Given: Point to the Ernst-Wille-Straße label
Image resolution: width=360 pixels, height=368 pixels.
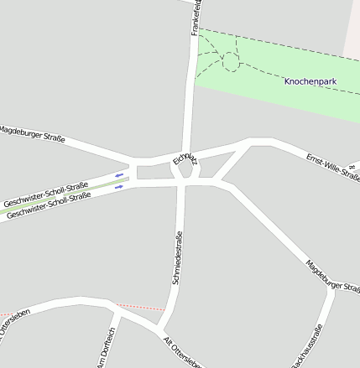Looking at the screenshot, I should tap(332, 167).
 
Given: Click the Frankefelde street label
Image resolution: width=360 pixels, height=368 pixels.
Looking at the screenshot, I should tap(195, 17).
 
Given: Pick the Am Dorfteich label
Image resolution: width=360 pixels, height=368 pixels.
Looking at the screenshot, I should tap(107, 349).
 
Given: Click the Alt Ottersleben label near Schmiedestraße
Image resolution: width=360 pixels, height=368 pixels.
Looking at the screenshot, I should tap(180, 351).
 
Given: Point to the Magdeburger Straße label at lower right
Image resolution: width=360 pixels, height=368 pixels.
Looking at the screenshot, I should tap(332, 277).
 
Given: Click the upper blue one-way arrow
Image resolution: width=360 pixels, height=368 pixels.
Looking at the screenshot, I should tap(119, 174).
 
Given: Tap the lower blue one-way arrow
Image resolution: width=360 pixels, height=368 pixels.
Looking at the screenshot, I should tap(118, 187).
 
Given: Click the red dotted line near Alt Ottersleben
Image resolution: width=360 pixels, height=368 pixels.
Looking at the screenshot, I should tap(138, 308).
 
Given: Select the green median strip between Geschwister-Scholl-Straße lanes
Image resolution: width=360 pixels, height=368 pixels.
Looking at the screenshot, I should tap(101, 184).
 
